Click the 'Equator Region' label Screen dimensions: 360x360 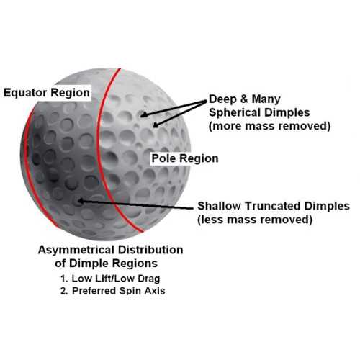coord(47,93)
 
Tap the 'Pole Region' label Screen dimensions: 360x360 coord(185,158)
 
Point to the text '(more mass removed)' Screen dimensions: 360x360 coord(270,126)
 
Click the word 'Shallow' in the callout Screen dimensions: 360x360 coord(219,206)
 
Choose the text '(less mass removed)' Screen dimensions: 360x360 coord(255,220)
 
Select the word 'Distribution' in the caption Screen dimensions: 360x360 coord(150,250)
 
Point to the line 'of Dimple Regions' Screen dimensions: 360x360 coord(106,264)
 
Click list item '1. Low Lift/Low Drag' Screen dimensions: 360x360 coord(110,279)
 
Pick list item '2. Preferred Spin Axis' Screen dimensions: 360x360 coord(113,291)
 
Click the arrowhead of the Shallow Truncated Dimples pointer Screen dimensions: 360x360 coord(81,201)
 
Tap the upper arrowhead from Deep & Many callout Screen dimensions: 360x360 coord(143,115)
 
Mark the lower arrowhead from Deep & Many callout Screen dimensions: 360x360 coord(156,125)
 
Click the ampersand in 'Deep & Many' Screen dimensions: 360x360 coord(244,99)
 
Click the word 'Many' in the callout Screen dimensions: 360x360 coord(266,99)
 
